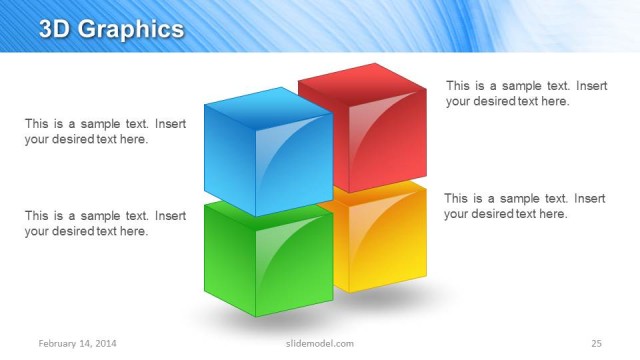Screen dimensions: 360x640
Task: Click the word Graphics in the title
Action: (x=129, y=30)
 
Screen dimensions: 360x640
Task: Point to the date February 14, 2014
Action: (x=78, y=344)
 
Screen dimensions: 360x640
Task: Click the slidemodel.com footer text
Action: (x=313, y=344)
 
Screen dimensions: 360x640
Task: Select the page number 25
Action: (x=596, y=344)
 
